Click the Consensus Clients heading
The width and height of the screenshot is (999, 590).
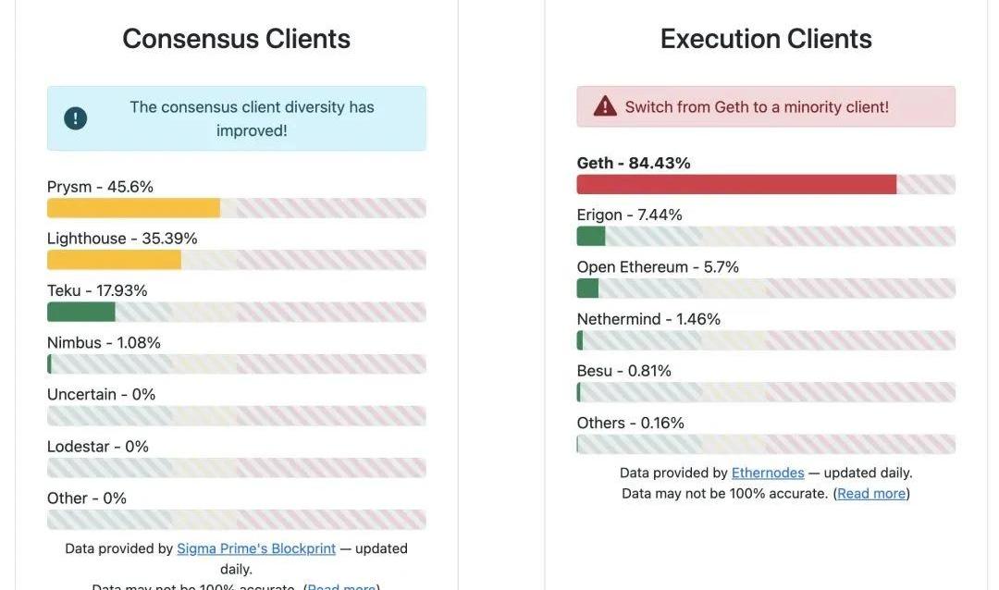coord(236,39)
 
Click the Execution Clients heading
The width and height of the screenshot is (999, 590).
coord(766,39)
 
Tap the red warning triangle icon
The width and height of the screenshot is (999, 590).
coord(605,106)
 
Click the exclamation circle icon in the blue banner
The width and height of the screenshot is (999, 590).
coord(76,118)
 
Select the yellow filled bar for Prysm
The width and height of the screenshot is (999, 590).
coord(133,208)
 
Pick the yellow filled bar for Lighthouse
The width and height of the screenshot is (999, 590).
coord(114,260)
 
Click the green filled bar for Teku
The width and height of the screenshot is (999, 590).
coord(81,312)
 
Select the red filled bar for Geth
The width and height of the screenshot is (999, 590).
coord(736,184)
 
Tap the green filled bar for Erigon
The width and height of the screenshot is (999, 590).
coord(590,236)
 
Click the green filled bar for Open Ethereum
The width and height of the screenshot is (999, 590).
coord(587,289)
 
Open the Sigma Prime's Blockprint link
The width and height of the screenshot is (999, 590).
coord(256,548)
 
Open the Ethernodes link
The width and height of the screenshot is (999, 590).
coord(768,473)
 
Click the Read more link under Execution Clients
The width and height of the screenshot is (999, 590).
coord(871,493)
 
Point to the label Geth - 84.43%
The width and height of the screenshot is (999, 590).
coord(634,163)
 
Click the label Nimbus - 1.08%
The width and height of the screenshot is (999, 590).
coord(104,342)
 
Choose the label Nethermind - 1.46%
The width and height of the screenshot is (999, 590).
coord(648,319)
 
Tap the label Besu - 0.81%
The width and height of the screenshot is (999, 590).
coord(623,371)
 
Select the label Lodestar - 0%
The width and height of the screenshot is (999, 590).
coord(98,447)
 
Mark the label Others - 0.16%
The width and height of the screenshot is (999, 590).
coord(630,423)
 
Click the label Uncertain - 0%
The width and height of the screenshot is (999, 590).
coord(101,394)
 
